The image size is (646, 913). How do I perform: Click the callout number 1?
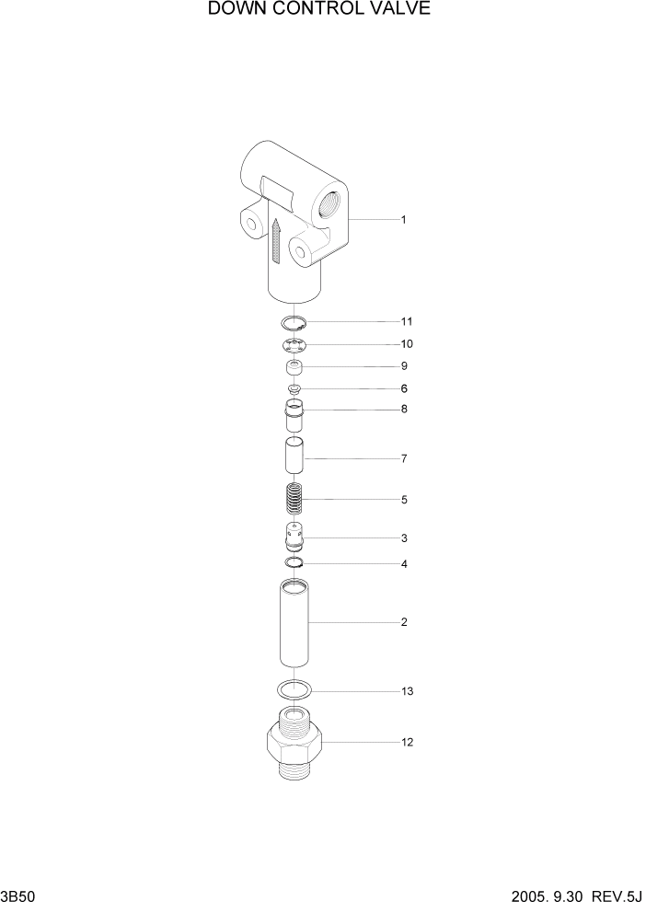[x=403, y=220]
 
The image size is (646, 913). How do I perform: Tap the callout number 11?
[x=406, y=322]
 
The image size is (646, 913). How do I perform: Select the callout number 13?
[x=407, y=690]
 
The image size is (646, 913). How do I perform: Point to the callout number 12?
[x=407, y=742]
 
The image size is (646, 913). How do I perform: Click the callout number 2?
[x=403, y=622]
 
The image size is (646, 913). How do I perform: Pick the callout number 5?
[x=403, y=500]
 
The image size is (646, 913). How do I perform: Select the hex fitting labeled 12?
[x=294, y=744]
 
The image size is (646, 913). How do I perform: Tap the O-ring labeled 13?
[x=294, y=688]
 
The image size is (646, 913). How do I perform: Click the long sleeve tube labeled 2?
[x=294, y=622]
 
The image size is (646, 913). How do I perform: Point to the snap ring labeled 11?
[x=294, y=322]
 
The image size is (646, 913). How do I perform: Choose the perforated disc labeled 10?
[x=294, y=345]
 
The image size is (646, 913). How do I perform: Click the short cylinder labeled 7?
[x=294, y=457]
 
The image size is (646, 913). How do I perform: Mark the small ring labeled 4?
[x=294, y=563]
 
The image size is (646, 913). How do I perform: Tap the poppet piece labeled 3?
[x=294, y=536]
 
